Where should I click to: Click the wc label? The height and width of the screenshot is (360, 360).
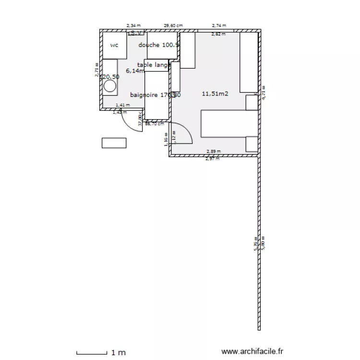pos(114,46)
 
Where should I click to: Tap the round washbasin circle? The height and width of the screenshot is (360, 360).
pos(110,86)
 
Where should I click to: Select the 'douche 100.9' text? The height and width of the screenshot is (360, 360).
pos(158,45)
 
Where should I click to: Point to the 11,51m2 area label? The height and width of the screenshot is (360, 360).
pos(215,94)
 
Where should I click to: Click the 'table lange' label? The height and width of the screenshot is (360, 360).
pos(154,65)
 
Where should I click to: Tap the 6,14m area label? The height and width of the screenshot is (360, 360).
pos(135,71)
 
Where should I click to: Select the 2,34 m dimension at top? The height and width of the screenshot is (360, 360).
pos(133,25)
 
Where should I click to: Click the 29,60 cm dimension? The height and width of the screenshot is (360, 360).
pos(174,25)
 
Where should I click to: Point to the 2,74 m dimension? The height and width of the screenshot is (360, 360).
pos(219,25)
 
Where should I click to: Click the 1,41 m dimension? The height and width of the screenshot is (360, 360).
pos(123,105)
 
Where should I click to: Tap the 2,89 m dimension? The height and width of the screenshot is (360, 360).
pos(214,152)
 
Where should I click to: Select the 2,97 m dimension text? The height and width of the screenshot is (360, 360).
pos(212,159)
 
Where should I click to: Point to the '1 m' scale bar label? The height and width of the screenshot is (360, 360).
pos(118,352)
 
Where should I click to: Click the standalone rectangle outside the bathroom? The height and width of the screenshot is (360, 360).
pos(114,143)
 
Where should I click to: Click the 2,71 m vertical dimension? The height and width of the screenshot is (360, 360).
pos(96,70)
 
